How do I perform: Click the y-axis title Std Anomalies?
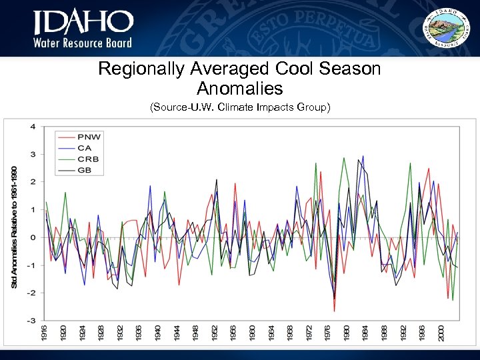pos(15,227)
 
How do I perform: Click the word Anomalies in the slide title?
pos(239,88)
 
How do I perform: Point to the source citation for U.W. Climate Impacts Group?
pos(239,107)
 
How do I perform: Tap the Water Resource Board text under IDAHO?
pos(83,43)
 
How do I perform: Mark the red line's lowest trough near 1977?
pos(334,311)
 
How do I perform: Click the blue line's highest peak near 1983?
pos(363,157)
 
